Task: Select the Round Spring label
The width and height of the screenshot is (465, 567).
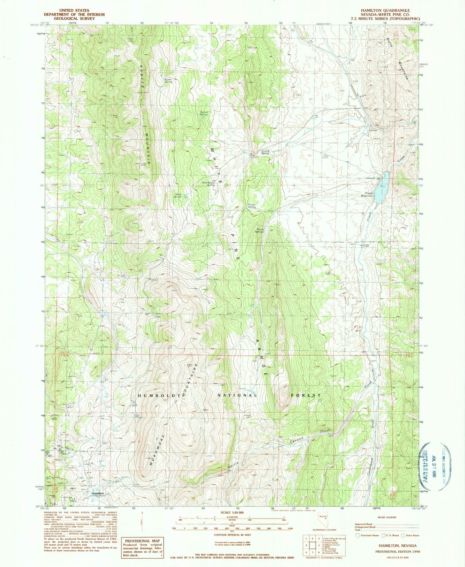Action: [265, 152]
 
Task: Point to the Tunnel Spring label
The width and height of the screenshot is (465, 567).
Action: [204, 113]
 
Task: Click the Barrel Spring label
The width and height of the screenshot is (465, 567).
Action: [168, 80]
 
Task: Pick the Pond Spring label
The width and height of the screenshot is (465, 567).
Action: [252, 206]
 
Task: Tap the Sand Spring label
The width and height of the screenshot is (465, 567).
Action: [177, 195]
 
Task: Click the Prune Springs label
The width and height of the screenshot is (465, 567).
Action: [259, 231]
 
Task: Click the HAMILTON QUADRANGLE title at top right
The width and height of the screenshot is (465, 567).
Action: [385, 11]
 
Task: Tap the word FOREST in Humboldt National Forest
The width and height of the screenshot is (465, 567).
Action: [306, 395]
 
